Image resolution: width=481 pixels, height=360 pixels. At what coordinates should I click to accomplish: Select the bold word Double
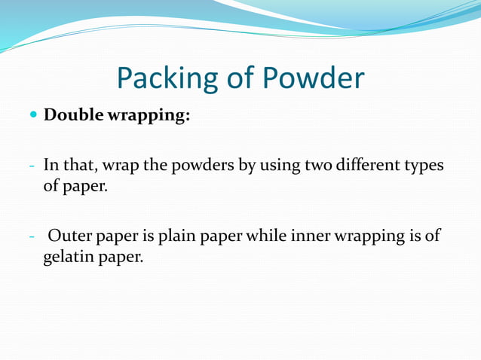point(75,117)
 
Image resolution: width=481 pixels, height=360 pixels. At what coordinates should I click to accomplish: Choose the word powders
point(205,165)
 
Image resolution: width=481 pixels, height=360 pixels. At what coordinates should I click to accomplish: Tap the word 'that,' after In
point(76,165)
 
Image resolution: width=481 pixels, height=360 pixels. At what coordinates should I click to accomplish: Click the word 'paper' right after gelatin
point(119,258)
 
